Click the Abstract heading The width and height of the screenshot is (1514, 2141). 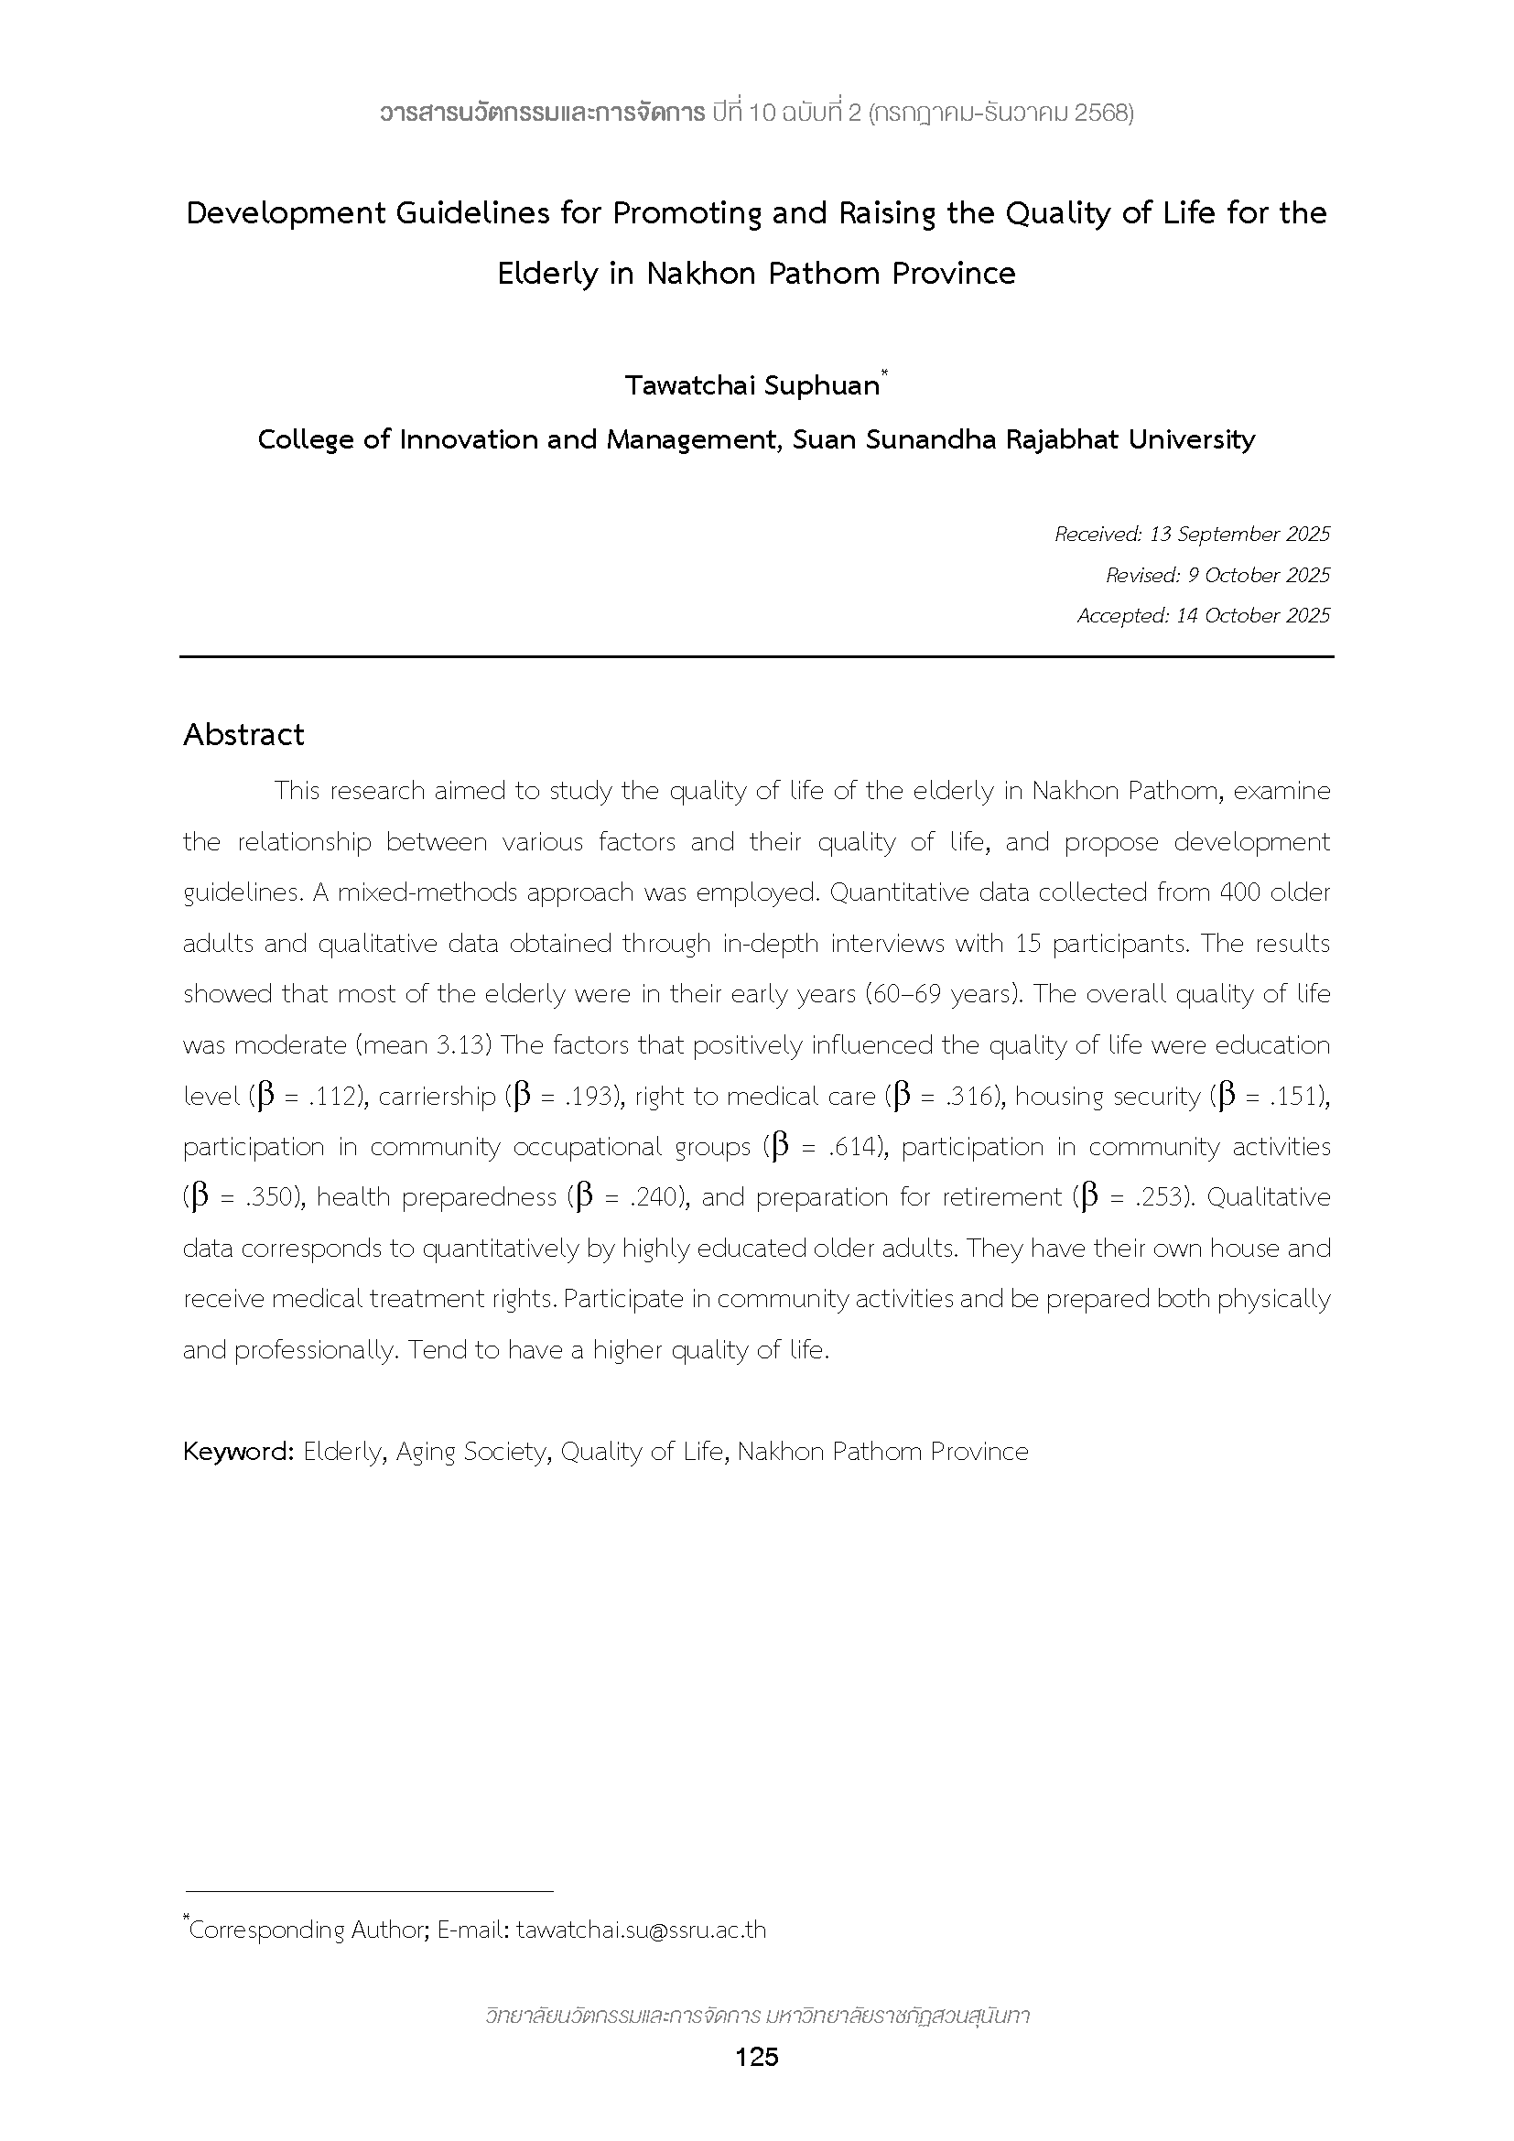coord(243,735)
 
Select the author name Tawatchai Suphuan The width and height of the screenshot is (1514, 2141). coord(752,385)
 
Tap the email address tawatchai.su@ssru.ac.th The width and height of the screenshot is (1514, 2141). coord(641,1930)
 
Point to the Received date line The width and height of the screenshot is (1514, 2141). coord(1192,535)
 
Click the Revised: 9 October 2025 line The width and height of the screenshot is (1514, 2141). coord(1217,576)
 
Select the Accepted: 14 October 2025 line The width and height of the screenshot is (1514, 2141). coord(1203,615)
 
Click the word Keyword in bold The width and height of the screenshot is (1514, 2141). coord(238,1452)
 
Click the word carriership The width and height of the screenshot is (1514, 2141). coord(438,1097)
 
